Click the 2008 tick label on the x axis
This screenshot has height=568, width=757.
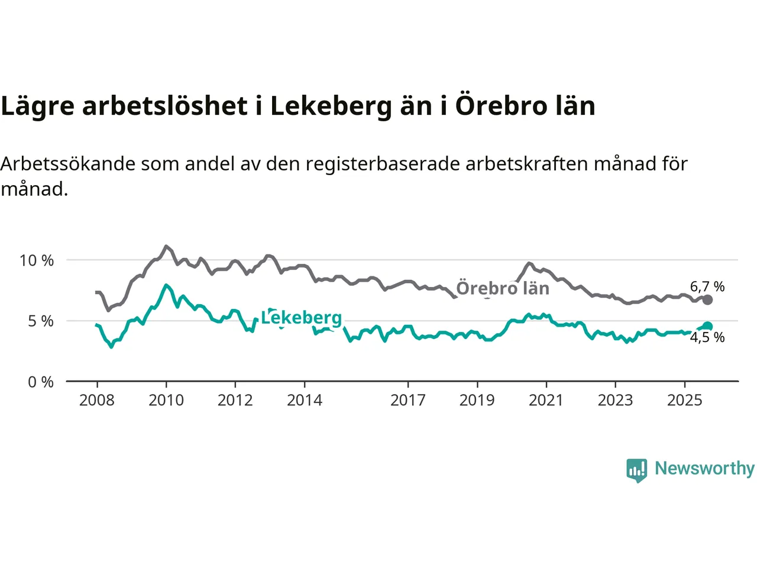[x=97, y=401]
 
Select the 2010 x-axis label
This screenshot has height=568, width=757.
[x=166, y=401]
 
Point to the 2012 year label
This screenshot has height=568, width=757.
[x=235, y=401]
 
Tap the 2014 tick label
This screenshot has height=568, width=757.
[x=305, y=401]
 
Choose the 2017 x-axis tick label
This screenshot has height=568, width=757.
[x=408, y=401]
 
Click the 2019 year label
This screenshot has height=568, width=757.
[x=477, y=401]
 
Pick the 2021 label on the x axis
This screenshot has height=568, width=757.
[x=546, y=401]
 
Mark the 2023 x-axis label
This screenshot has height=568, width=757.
[x=616, y=401]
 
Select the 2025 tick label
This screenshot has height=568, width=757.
[x=685, y=401]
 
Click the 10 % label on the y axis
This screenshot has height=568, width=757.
[x=37, y=260]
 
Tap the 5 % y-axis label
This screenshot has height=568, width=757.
[x=41, y=321]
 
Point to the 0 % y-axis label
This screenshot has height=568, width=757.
[x=41, y=382]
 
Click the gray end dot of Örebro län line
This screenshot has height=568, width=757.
[x=707, y=300]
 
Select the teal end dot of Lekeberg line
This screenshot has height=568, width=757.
[x=707, y=327]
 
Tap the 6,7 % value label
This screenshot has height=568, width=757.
[x=707, y=287]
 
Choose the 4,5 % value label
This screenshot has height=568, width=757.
[x=707, y=338]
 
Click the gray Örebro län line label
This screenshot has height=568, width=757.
[x=503, y=289]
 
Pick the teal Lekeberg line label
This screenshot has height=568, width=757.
[x=302, y=318]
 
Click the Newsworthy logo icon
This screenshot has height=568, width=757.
[x=637, y=470]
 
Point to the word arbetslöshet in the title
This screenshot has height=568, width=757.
[x=165, y=106]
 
